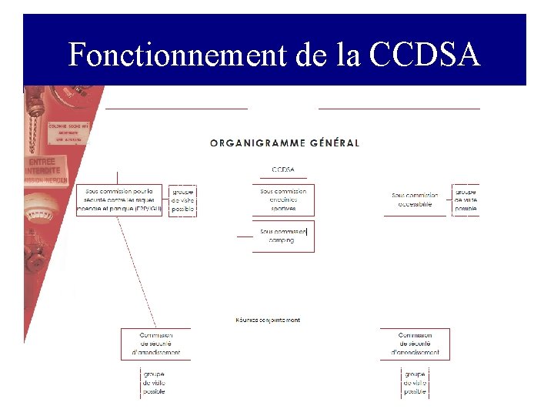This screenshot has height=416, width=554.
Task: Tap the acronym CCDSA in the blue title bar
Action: pos(425,55)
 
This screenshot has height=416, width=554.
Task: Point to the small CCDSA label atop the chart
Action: pos(282,169)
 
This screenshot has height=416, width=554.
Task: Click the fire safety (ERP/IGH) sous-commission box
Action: pos(119,200)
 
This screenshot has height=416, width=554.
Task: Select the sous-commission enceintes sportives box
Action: pos(283,200)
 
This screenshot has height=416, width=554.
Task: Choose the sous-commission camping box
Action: pos(282,235)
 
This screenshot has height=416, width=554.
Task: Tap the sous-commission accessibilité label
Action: pos(415,200)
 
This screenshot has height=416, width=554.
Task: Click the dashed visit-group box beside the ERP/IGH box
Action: pos(182,200)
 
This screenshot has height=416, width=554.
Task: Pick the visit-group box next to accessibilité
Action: pos(466,200)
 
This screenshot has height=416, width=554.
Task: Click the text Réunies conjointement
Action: pos(268,320)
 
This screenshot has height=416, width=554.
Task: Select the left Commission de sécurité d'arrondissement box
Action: pos(155,344)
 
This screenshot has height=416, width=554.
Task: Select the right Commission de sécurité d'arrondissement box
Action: pos(415,344)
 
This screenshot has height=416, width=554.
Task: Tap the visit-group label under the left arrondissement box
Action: pos(154,382)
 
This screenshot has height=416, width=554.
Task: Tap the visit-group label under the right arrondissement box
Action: pos(414,382)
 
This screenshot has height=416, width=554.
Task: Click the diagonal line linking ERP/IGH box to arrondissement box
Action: pos(138,270)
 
